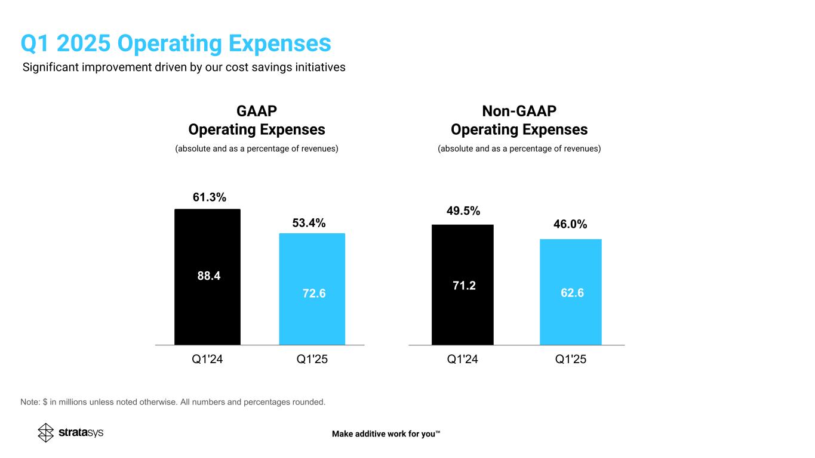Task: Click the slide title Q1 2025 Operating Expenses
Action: (x=176, y=43)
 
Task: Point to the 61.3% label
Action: (x=209, y=198)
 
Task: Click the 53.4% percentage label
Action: (x=309, y=223)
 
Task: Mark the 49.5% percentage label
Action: (x=463, y=211)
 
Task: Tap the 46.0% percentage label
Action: (x=570, y=224)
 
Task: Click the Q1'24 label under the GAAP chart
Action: (x=207, y=360)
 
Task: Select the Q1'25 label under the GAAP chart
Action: (x=312, y=360)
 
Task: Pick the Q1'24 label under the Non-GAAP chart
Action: (x=463, y=360)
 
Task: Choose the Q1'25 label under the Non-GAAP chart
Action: (x=571, y=360)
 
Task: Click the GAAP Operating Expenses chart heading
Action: (x=257, y=120)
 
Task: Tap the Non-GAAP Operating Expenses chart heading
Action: (x=519, y=120)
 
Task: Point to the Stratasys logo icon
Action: (x=46, y=432)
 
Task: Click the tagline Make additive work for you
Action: (x=386, y=434)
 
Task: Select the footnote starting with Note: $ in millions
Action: (x=173, y=402)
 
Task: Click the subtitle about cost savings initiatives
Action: (x=184, y=67)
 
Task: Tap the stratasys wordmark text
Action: (x=81, y=432)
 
